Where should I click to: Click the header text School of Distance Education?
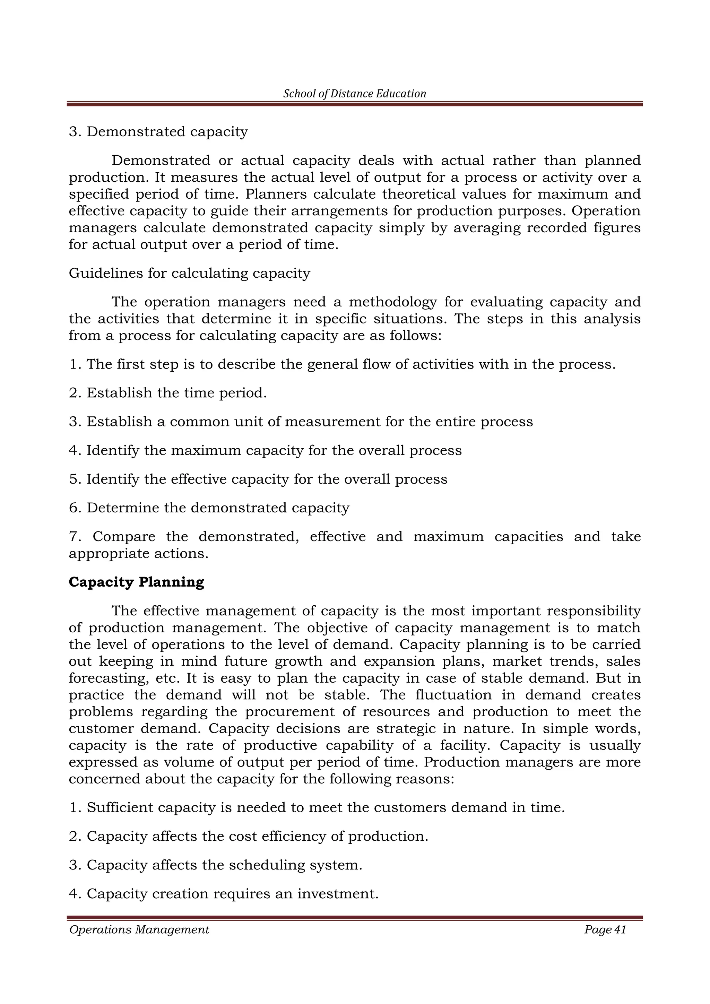pyautogui.click(x=355, y=94)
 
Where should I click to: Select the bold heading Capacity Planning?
pyautogui.click(x=136, y=582)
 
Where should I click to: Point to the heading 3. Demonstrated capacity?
pyautogui.click(x=158, y=132)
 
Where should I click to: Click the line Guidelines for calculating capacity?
pyautogui.click(x=189, y=273)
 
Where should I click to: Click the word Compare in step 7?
pyautogui.click(x=124, y=537)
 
